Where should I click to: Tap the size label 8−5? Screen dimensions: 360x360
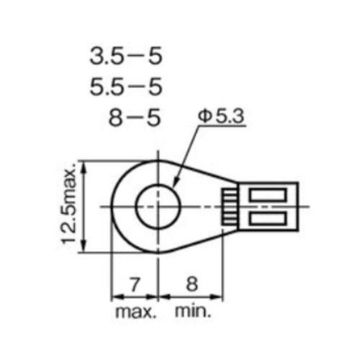point(132,117)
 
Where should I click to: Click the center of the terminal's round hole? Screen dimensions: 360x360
point(157,206)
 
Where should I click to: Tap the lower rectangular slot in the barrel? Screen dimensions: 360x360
point(268,217)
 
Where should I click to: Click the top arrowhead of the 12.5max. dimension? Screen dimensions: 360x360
point(85,165)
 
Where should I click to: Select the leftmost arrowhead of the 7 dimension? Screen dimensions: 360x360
point(114,296)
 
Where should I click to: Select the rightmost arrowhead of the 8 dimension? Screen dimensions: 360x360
point(219,296)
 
